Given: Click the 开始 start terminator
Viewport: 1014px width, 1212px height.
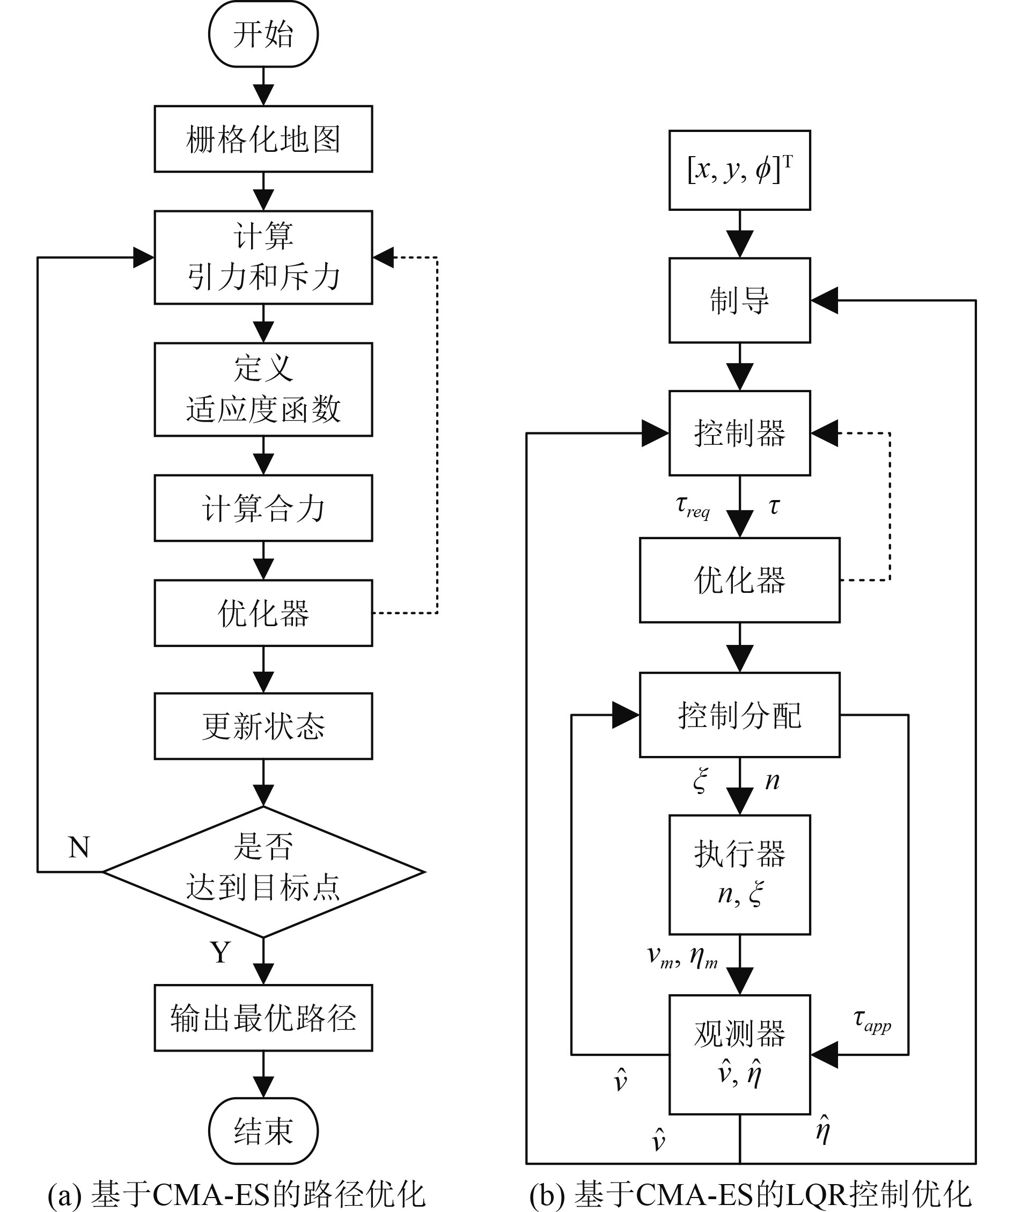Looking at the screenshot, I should click(263, 34).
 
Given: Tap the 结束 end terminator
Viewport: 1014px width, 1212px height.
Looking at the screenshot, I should click(263, 1130).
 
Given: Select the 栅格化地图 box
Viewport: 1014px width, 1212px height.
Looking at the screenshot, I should click(263, 139).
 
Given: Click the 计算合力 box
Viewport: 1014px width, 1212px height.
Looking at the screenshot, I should click(263, 508).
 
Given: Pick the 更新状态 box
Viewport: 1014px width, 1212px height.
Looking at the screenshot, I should click(263, 726).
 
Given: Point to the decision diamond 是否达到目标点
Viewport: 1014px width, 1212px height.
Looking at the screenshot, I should click(263, 871).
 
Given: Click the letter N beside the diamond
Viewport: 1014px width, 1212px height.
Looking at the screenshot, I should click(79, 847).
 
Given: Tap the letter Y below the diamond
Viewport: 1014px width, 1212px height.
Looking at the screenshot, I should click(221, 952).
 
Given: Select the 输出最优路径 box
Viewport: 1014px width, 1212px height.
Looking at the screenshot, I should click(263, 1018).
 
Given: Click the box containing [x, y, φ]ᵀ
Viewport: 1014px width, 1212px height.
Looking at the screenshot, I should click(739, 170).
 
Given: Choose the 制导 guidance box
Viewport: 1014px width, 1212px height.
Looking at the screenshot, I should click(739, 300).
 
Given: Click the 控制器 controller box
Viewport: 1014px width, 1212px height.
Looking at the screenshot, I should click(739, 433).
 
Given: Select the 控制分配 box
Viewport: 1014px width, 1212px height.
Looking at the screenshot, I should click(739, 715).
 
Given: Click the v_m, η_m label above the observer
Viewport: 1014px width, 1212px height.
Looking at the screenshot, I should click(682, 958).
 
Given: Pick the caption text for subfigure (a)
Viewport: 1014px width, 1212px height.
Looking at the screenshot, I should click(237, 1195).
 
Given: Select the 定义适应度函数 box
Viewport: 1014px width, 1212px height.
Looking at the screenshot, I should click(263, 390).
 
